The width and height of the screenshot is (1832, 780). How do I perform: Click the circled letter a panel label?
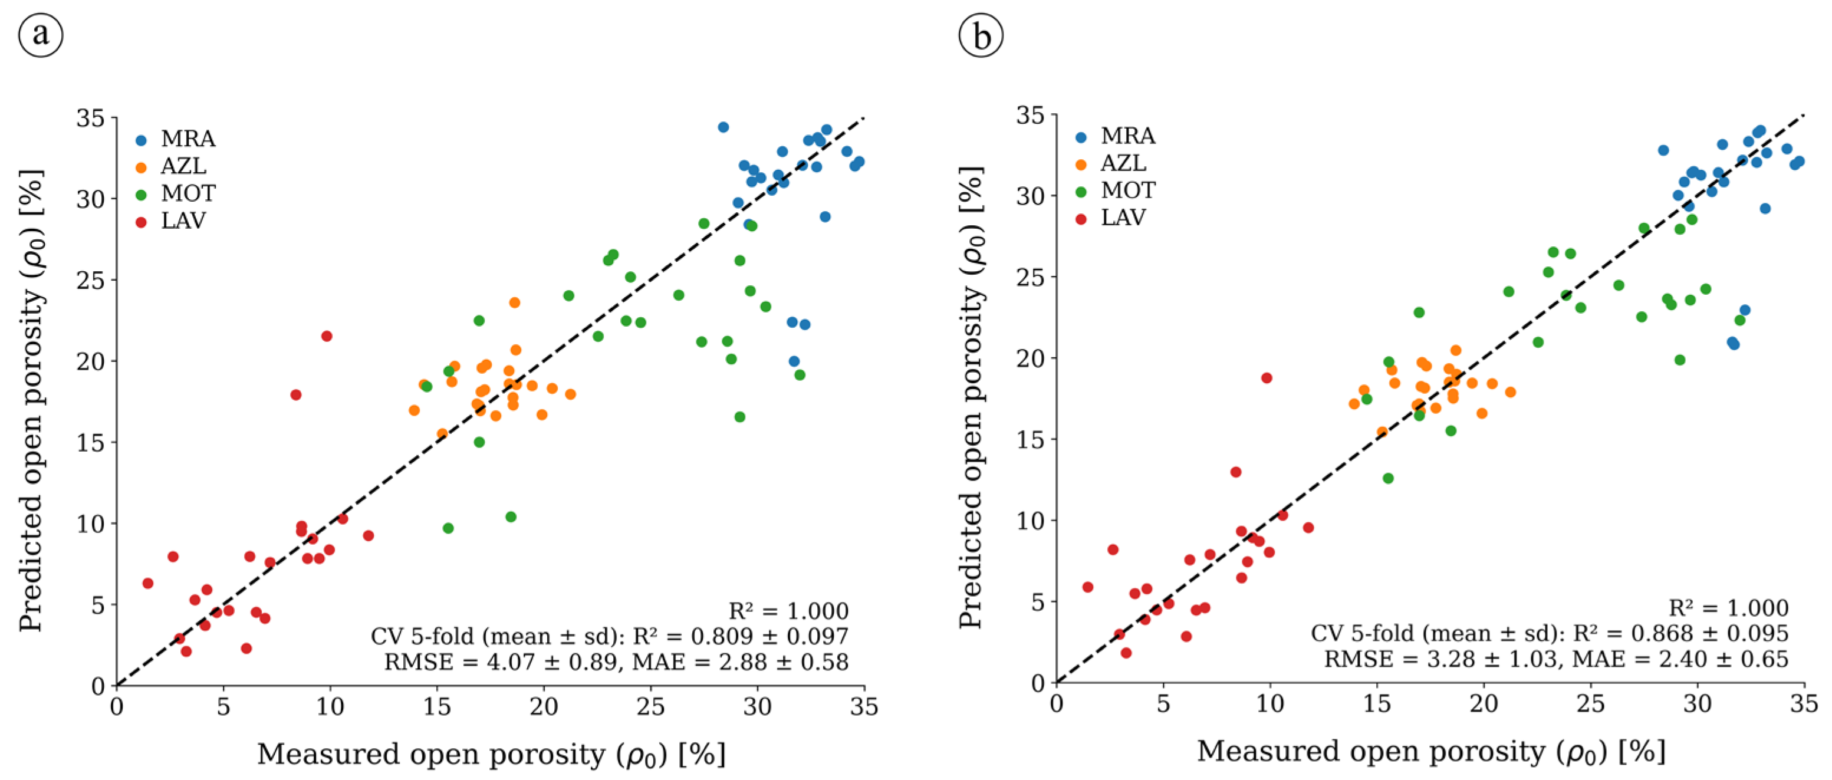(x=41, y=35)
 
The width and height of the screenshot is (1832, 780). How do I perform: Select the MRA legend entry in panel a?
(x=176, y=139)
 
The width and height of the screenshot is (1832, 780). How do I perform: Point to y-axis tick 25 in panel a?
(x=91, y=280)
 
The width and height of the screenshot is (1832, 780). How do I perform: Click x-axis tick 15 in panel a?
(x=437, y=707)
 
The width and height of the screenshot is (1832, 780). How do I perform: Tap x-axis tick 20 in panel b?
(x=1484, y=704)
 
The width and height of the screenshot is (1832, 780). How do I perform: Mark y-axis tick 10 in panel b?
(x=1031, y=521)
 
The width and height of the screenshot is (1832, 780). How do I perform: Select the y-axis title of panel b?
(x=972, y=398)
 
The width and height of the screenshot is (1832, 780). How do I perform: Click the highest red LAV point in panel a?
(x=327, y=336)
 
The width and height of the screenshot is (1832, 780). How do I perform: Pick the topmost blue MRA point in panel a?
(x=723, y=127)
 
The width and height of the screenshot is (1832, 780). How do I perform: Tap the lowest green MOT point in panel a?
(x=448, y=528)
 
